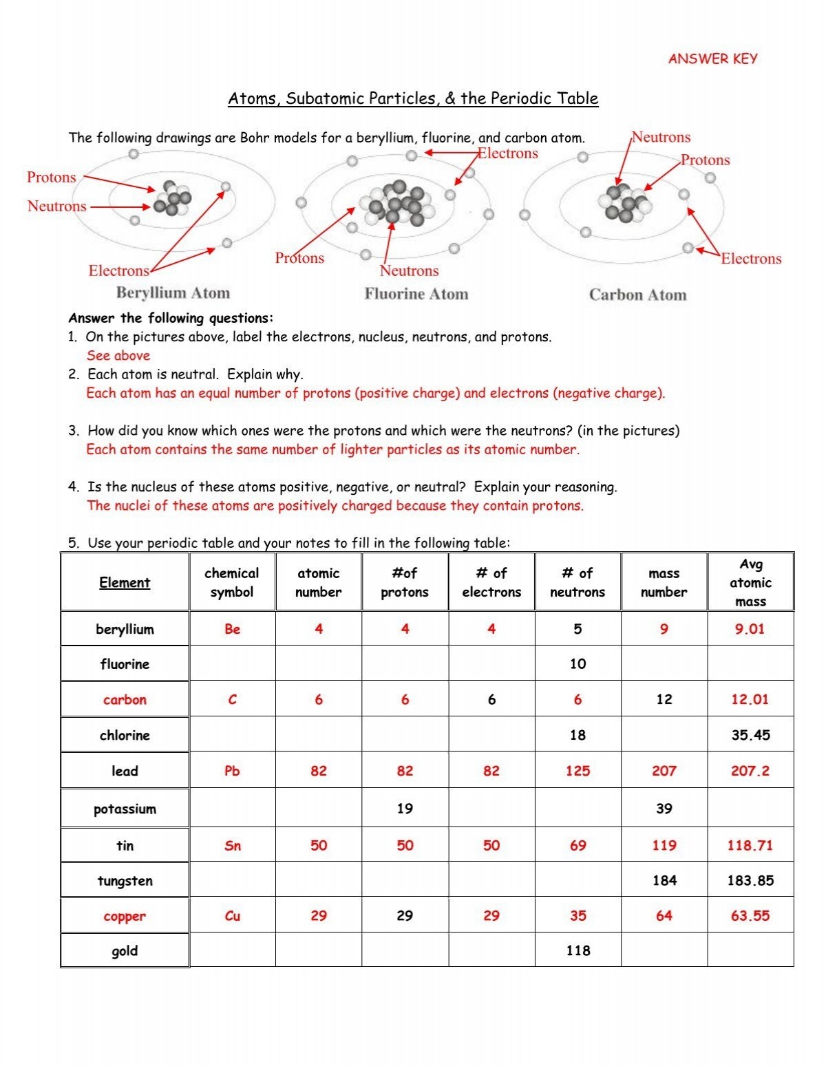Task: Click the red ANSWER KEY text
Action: pyautogui.click(x=712, y=59)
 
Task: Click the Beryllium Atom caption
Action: pyautogui.click(x=173, y=293)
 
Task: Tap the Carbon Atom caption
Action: pyautogui.click(x=637, y=295)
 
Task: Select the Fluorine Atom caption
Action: pyautogui.click(x=416, y=295)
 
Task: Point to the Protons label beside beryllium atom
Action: pyautogui.click(x=52, y=178)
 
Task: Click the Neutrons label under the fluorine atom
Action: pyautogui.click(x=409, y=271)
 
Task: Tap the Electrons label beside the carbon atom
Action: pyautogui.click(x=751, y=259)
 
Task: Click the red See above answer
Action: pyautogui.click(x=118, y=356)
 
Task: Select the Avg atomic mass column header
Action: pyautogui.click(x=750, y=582)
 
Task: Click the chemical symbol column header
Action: pyautogui.click(x=232, y=582)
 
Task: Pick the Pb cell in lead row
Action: pyautogui.click(x=232, y=771)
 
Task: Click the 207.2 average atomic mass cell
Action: pyautogui.click(x=750, y=771)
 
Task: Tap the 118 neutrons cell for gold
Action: pyautogui.click(x=578, y=950)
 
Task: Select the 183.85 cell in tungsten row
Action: pyautogui.click(x=750, y=880)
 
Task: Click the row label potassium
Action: pyautogui.click(x=125, y=809)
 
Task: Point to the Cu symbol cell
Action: pyautogui.click(x=232, y=916)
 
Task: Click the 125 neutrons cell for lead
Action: pyautogui.click(x=578, y=771)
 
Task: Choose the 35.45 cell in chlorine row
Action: pyautogui.click(x=750, y=735)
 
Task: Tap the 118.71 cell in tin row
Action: pyautogui.click(x=750, y=845)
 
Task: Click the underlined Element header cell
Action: pyautogui.click(x=125, y=582)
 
